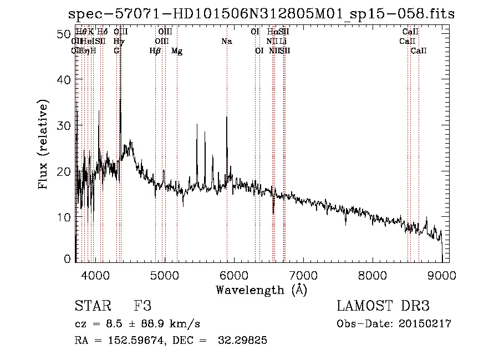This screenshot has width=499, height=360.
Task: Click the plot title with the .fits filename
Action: tap(261, 14)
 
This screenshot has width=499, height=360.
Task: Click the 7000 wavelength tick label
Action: tap(303, 274)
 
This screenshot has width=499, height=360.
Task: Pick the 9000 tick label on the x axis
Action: tap(442, 274)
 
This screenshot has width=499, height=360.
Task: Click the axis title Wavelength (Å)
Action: tap(261, 290)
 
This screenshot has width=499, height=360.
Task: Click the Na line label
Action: tap(226, 41)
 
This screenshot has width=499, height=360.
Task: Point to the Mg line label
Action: tap(177, 51)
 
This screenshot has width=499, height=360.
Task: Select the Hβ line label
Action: tap(155, 51)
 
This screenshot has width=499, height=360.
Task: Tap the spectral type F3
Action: tap(142, 306)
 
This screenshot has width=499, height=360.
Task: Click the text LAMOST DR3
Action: tap(383, 306)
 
